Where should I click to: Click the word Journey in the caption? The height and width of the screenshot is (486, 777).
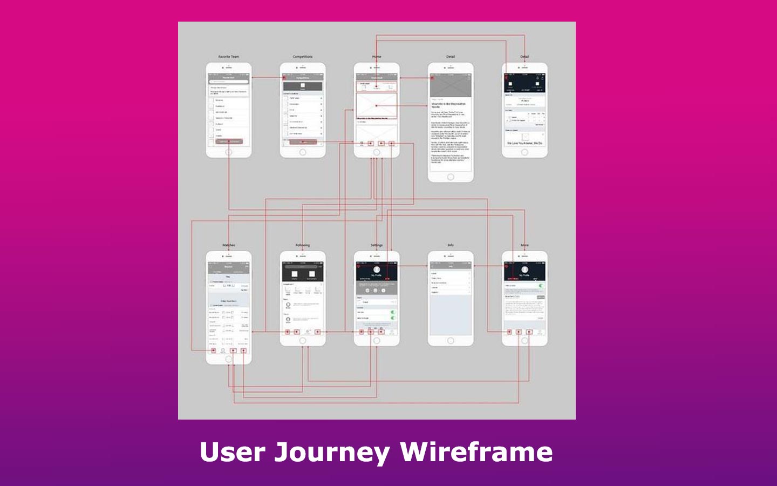point(332,452)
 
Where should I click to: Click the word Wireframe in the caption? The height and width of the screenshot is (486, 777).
point(476,452)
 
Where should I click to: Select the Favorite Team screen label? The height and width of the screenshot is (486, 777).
point(229,57)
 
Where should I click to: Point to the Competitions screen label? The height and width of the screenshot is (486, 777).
point(303,57)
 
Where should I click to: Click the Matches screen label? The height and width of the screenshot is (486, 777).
point(229,245)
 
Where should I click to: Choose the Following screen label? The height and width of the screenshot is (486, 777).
point(303,245)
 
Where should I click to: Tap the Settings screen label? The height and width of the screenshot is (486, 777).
point(377,245)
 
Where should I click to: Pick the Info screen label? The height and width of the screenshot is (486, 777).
point(451,245)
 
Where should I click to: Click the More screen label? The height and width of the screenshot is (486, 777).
point(524,245)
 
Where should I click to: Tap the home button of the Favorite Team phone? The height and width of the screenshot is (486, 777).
point(229,152)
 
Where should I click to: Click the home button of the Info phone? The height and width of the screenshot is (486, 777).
point(451,341)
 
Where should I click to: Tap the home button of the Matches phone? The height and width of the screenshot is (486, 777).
point(229,359)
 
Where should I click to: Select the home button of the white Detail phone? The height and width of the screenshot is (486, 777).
point(451,177)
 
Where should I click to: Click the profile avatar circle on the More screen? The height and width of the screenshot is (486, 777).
point(524,269)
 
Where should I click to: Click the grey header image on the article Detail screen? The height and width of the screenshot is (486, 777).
point(451,86)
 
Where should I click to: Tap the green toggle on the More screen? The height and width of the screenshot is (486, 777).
point(541,286)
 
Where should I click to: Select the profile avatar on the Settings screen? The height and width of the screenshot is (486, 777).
point(377,269)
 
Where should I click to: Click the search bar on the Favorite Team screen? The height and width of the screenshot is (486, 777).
point(229,82)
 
